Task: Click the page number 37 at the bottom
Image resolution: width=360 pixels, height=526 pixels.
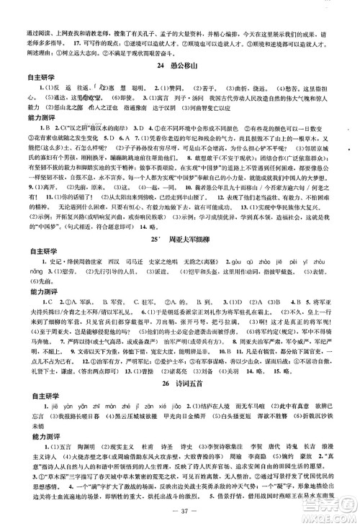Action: [x=181, y=512]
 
